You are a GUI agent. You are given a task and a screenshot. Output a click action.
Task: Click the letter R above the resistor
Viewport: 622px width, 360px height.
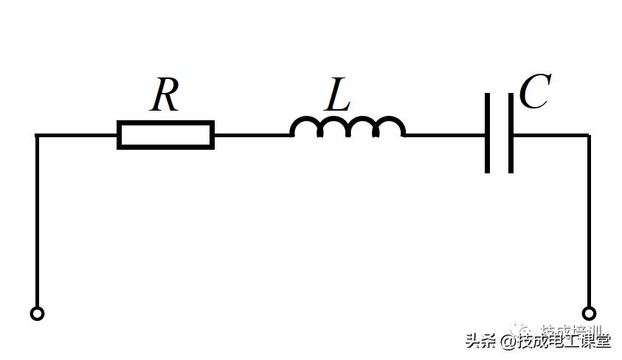tap(165, 95)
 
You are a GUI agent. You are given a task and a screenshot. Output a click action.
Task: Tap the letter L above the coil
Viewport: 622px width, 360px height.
tap(338, 95)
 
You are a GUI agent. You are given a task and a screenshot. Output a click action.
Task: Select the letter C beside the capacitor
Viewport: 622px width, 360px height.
tap(533, 92)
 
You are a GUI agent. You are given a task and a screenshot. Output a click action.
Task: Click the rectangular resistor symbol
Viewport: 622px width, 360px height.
tap(165, 135)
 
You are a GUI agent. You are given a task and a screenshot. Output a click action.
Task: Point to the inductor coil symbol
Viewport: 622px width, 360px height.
tap(348, 128)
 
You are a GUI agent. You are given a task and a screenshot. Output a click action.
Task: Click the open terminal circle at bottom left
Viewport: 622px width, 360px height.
tap(37, 314)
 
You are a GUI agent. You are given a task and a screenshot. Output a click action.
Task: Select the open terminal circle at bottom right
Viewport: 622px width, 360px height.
tap(588, 314)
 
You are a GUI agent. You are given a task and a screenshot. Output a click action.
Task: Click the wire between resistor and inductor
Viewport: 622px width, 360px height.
tap(252, 135)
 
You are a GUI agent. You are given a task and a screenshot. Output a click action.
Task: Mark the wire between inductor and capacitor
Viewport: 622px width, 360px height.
tap(445, 135)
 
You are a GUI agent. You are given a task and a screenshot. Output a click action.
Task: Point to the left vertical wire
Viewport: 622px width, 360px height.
tap(37, 221)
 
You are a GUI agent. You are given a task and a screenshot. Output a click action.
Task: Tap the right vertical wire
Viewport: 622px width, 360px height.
tap(588, 221)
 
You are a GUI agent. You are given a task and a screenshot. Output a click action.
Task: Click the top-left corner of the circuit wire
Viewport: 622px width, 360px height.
tap(37, 136)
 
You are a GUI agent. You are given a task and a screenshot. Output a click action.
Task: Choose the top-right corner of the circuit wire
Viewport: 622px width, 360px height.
tap(588, 136)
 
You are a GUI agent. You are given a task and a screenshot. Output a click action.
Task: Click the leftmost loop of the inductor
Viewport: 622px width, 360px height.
tap(305, 128)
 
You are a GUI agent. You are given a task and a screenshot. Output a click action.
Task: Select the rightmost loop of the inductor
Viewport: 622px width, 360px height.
tap(390, 128)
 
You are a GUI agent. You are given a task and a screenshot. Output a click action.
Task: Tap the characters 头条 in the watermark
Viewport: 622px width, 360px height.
tap(480, 341)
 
